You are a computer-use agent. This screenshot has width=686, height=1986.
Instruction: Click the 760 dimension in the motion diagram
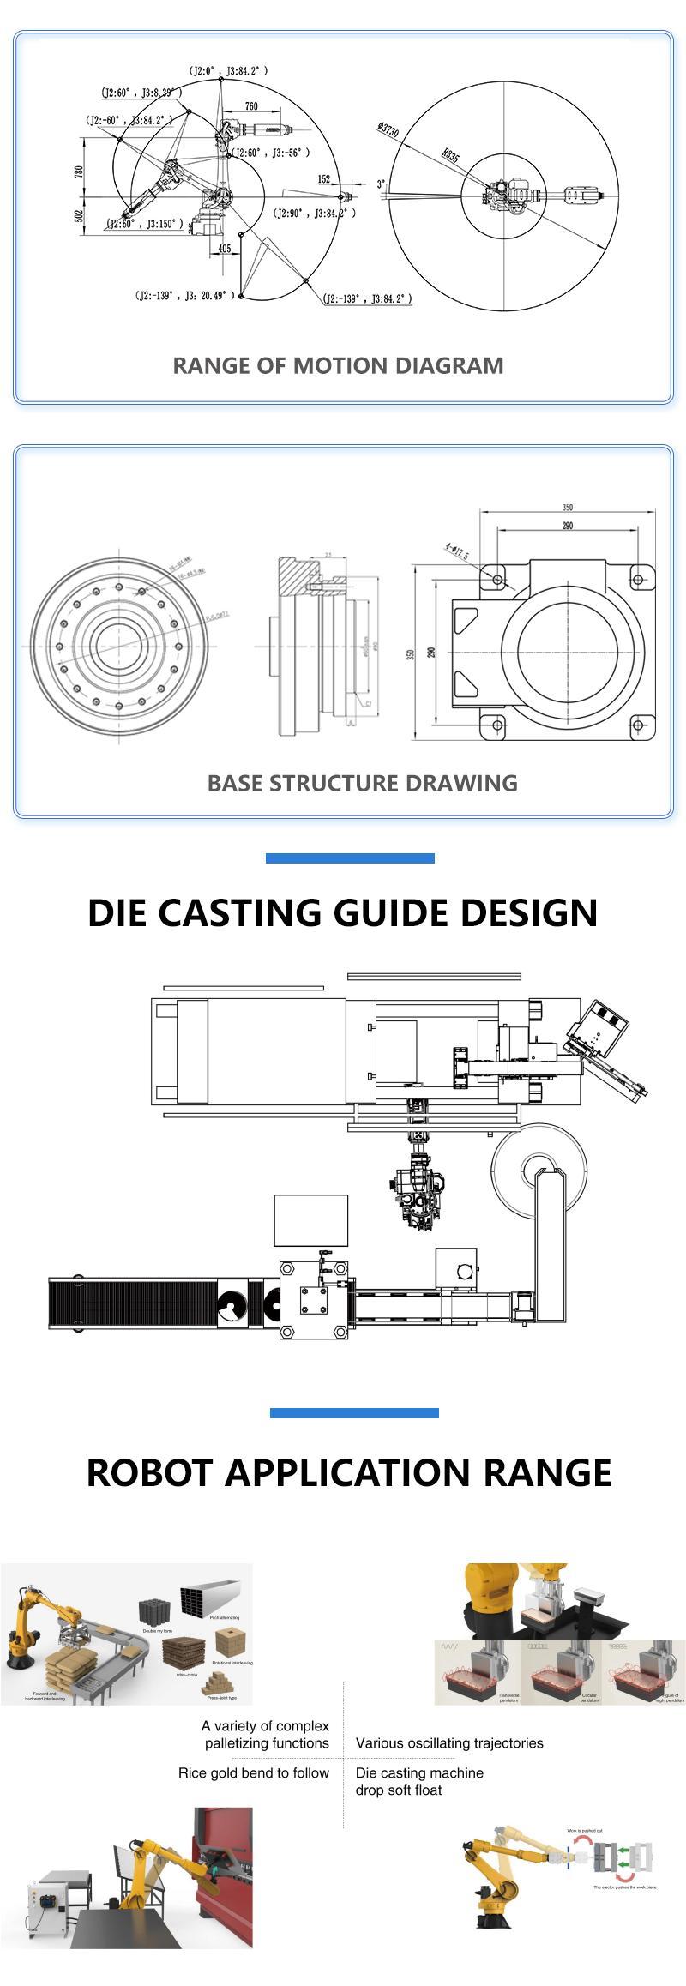pyautogui.click(x=251, y=106)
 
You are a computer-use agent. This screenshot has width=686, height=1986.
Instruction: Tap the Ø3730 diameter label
pyautogui.click(x=388, y=130)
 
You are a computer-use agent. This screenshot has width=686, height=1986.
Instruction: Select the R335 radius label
pyautogui.click(x=451, y=155)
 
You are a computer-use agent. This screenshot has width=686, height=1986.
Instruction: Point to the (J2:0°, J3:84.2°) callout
pyautogui.click(x=228, y=71)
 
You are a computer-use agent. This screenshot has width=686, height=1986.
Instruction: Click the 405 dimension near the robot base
pyautogui.click(x=225, y=249)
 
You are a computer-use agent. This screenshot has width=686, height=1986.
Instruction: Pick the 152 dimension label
pyautogui.click(x=323, y=179)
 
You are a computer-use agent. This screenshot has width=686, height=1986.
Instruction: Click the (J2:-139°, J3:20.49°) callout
pyautogui.click(x=184, y=296)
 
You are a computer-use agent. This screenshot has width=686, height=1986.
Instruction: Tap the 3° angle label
pyautogui.click(x=382, y=184)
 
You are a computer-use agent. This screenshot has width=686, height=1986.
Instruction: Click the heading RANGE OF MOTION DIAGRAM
pyautogui.click(x=338, y=365)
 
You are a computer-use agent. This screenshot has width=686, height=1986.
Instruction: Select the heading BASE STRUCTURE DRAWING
pyautogui.click(x=362, y=783)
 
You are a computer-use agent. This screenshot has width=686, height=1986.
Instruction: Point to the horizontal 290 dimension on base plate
pyautogui.click(x=567, y=526)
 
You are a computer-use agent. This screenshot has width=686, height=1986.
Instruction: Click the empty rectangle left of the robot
pyautogui.click(x=310, y=1219)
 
